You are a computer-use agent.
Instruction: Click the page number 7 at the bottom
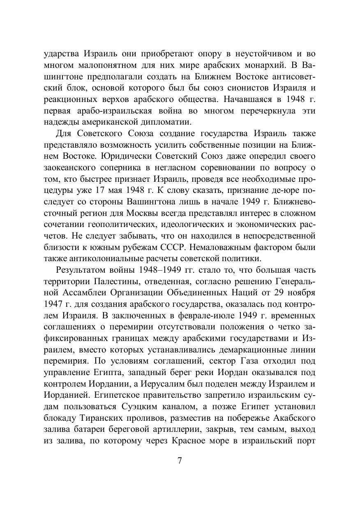(x=180, y=460)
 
